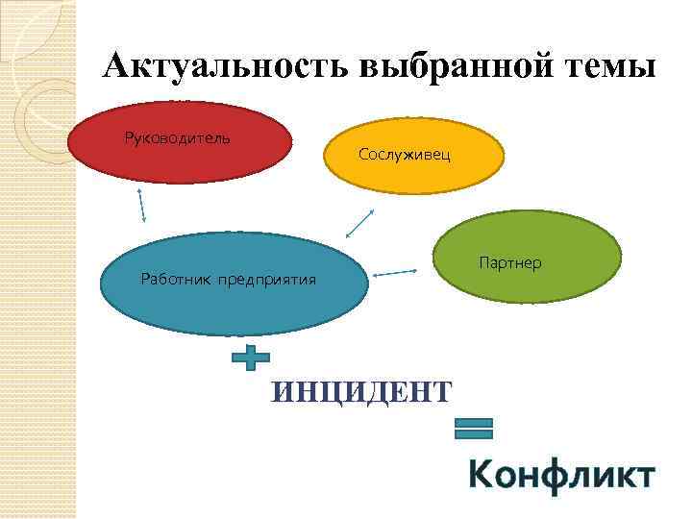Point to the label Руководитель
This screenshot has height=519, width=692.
(x=177, y=137)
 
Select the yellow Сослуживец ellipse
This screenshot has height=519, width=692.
(x=413, y=165)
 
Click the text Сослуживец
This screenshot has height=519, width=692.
(x=404, y=154)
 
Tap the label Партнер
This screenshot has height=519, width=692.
(x=509, y=262)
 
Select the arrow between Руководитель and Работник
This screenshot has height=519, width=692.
(x=142, y=205)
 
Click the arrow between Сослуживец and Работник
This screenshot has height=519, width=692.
(x=359, y=224)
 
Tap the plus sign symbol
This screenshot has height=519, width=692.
(x=251, y=358)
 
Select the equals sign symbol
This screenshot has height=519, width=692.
(x=472, y=429)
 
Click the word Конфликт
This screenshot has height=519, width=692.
(x=561, y=476)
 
